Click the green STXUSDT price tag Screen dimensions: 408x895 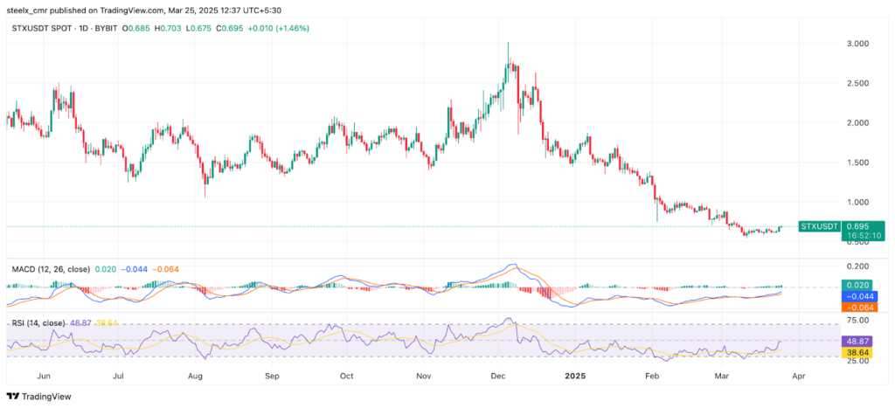tap(820, 226)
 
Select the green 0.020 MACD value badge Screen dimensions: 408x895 tap(858, 286)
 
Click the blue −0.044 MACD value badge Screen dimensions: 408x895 tap(858, 296)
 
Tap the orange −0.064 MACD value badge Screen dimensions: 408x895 tap(858, 307)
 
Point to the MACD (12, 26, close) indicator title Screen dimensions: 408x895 tap(51, 269)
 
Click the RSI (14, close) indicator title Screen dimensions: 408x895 tap(37, 323)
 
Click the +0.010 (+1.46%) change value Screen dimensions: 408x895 tap(281, 29)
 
